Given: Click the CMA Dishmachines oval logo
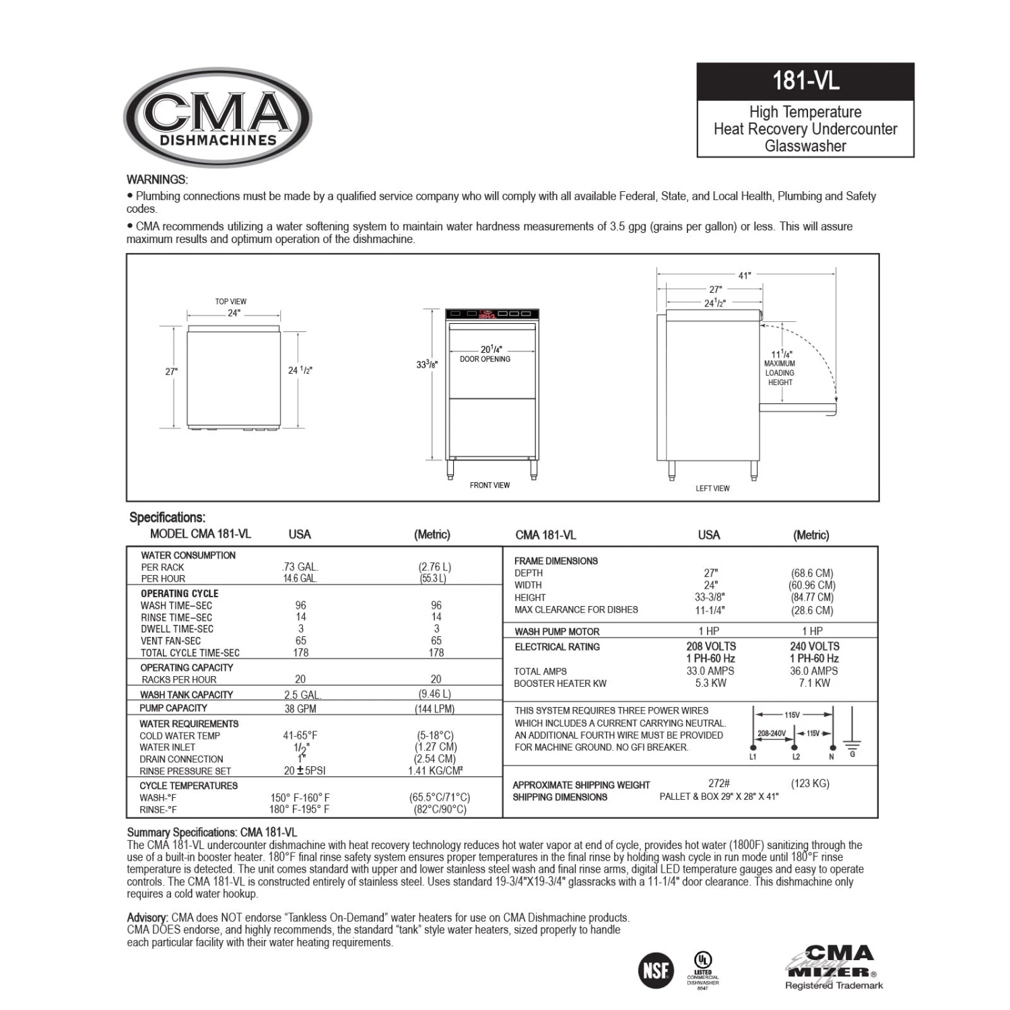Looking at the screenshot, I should [x=217, y=117].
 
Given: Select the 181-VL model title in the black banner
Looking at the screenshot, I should [x=805, y=81].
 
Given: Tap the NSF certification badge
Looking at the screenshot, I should [x=655, y=970].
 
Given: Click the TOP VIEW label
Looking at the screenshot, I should [x=231, y=302].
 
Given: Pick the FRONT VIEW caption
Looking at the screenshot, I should [x=490, y=485].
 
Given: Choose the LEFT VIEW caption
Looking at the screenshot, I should [x=712, y=489].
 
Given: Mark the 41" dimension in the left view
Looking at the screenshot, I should [x=744, y=275].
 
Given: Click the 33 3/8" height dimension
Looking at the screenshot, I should [x=427, y=364].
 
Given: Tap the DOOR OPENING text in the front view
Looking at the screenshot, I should [x=485, y=360].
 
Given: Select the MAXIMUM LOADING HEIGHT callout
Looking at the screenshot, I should [x=780, y=372].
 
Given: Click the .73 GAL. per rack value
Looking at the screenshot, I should [x=300, y=567].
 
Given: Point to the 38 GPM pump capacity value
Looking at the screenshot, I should [x=300, y=709].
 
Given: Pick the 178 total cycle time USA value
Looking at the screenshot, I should [x=301, y=652].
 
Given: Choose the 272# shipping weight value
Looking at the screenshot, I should [x=719, y=784].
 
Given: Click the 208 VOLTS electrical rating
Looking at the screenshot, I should [x=711, y=646].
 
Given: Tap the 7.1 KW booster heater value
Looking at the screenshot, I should [x=813, y=683].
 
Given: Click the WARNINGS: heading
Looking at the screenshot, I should [x=157, y=180].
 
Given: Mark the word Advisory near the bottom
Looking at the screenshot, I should [x=147, y=918].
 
